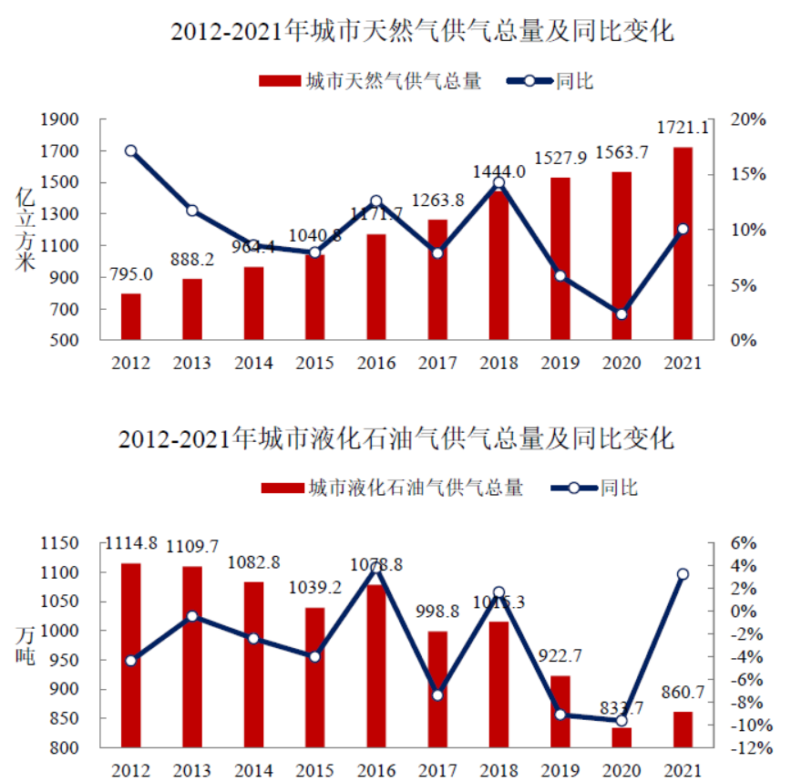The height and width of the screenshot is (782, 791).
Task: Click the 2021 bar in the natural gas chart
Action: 683,243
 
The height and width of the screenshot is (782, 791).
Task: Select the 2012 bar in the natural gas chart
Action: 131,316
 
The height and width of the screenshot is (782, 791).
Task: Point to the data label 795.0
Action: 131,273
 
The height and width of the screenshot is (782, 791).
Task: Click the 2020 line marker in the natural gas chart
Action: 621,314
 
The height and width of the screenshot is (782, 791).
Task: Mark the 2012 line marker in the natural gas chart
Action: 131,151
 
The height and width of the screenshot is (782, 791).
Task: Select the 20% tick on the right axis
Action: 746,119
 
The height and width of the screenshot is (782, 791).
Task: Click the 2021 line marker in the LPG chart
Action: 683,574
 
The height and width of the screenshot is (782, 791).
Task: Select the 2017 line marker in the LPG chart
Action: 437,695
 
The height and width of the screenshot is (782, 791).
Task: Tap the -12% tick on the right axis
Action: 743,748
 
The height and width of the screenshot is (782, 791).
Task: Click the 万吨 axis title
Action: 26,643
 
